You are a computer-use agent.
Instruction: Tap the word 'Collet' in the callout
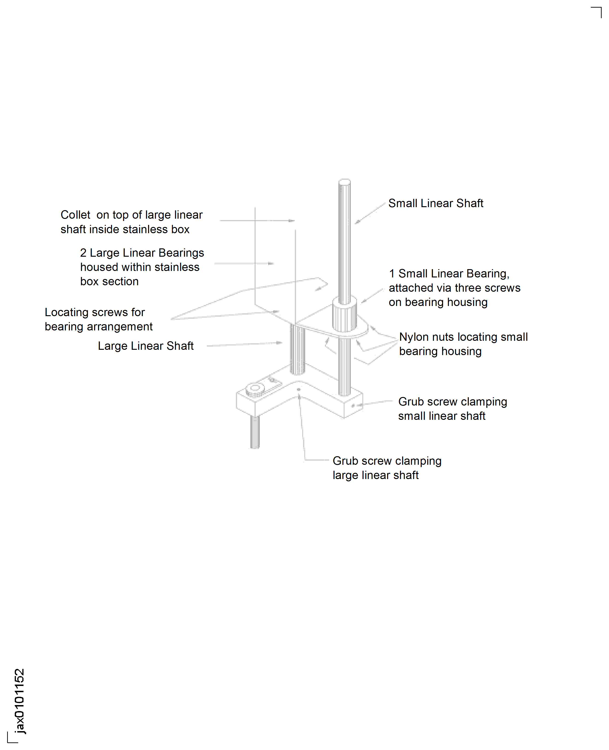[75, 215]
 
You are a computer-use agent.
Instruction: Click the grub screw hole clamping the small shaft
[353, 406]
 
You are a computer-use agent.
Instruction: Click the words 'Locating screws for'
[95, 312]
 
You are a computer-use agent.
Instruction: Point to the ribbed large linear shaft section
[298, 349]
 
